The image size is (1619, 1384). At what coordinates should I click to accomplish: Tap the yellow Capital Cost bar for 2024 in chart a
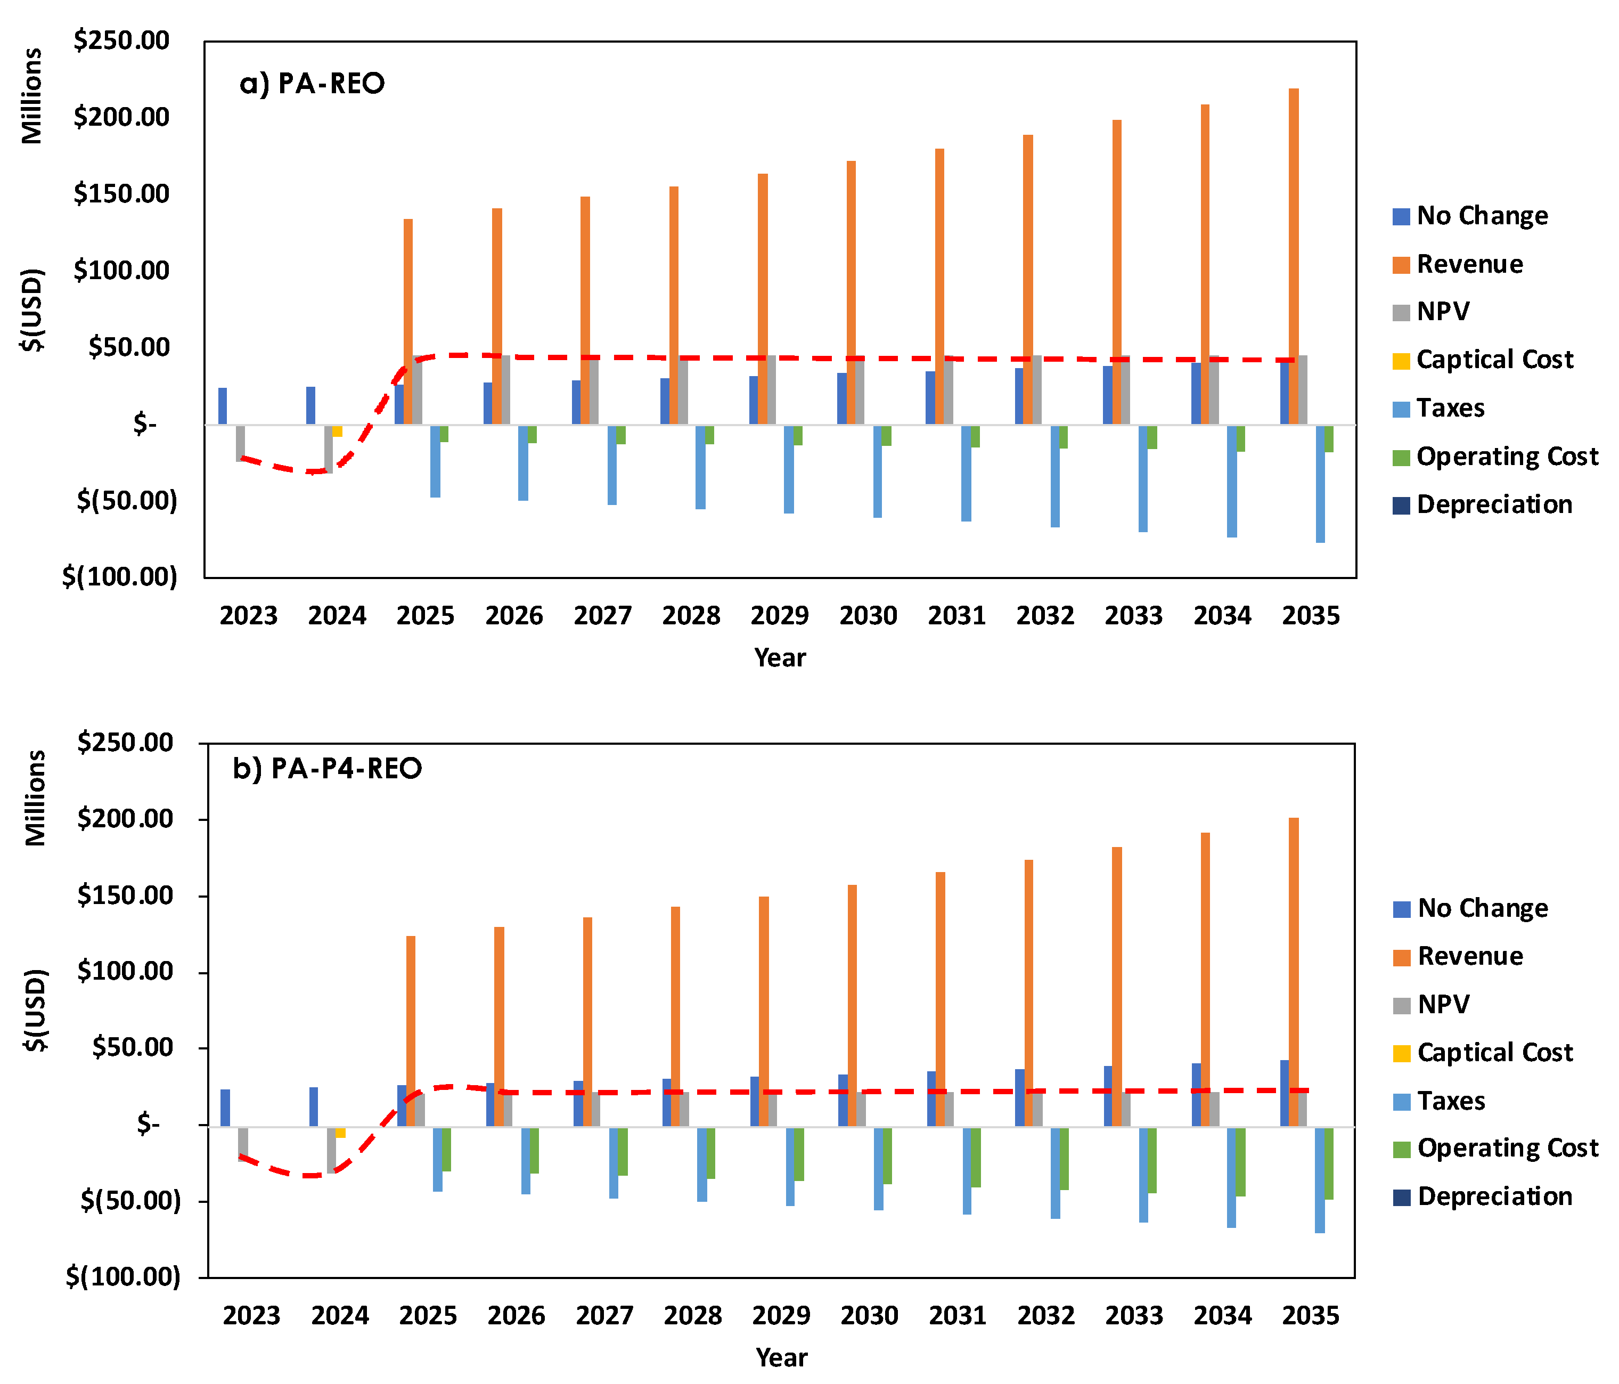pyautogui.click(x=338, y=430)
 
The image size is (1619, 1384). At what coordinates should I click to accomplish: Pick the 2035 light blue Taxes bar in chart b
pyautogui.click(x=1320, y=1179)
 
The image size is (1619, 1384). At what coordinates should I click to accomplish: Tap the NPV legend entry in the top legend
pyautogui.click(x=1442, y=312)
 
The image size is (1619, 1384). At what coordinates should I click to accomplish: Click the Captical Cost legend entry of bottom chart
pyautogui.click(x=1494, y=1053)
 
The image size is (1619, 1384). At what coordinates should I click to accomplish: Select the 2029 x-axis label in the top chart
pyautogui.click(x=779, y=616)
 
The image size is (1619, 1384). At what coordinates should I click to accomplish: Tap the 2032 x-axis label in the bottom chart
pyautogui.click(x=1045, y=1315)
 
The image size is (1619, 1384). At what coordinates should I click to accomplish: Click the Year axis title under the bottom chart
pyautogui.click(x=781, y=1357)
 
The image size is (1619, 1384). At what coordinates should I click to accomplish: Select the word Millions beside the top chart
pyautogui.click(x=32, y=96)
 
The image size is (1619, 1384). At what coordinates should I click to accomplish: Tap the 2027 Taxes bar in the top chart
pyautogui.click(x=612, y=465)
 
